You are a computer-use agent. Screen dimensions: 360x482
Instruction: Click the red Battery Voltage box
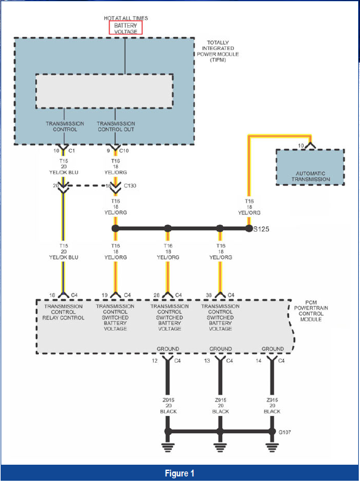pos(125,28)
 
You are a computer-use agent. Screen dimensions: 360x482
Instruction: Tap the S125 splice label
pos(261,229)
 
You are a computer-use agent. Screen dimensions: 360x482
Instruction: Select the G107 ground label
pos(285,432)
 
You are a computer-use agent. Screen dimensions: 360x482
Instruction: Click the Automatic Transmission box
pos(310,167)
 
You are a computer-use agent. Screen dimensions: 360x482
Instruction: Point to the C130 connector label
pos(130,185)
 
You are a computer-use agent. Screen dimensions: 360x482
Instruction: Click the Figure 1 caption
pos(180,473)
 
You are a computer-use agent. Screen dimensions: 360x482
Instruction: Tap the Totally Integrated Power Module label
pos(218,51)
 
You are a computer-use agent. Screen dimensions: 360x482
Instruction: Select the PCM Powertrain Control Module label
pos(311,311)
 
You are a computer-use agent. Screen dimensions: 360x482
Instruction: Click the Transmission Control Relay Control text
pos(63,312)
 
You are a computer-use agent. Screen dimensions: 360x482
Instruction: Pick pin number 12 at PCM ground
pos(154,361)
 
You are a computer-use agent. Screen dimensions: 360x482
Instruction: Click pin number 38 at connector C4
pos(209,295)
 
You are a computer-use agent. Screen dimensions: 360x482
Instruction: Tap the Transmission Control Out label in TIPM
pos(116,126)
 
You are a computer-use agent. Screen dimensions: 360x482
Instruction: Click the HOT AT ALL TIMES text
pos(125,18)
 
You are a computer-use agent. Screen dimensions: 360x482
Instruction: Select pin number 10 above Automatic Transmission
pos(301,146)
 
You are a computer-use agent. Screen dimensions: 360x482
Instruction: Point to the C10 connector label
pos(123,151)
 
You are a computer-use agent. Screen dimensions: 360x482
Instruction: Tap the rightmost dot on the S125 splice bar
pos(249,229)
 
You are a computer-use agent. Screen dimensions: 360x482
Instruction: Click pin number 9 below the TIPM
pos(108,151)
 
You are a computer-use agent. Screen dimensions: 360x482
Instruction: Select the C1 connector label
pos(71,151)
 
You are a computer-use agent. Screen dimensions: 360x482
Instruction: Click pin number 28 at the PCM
pos(156,295)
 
